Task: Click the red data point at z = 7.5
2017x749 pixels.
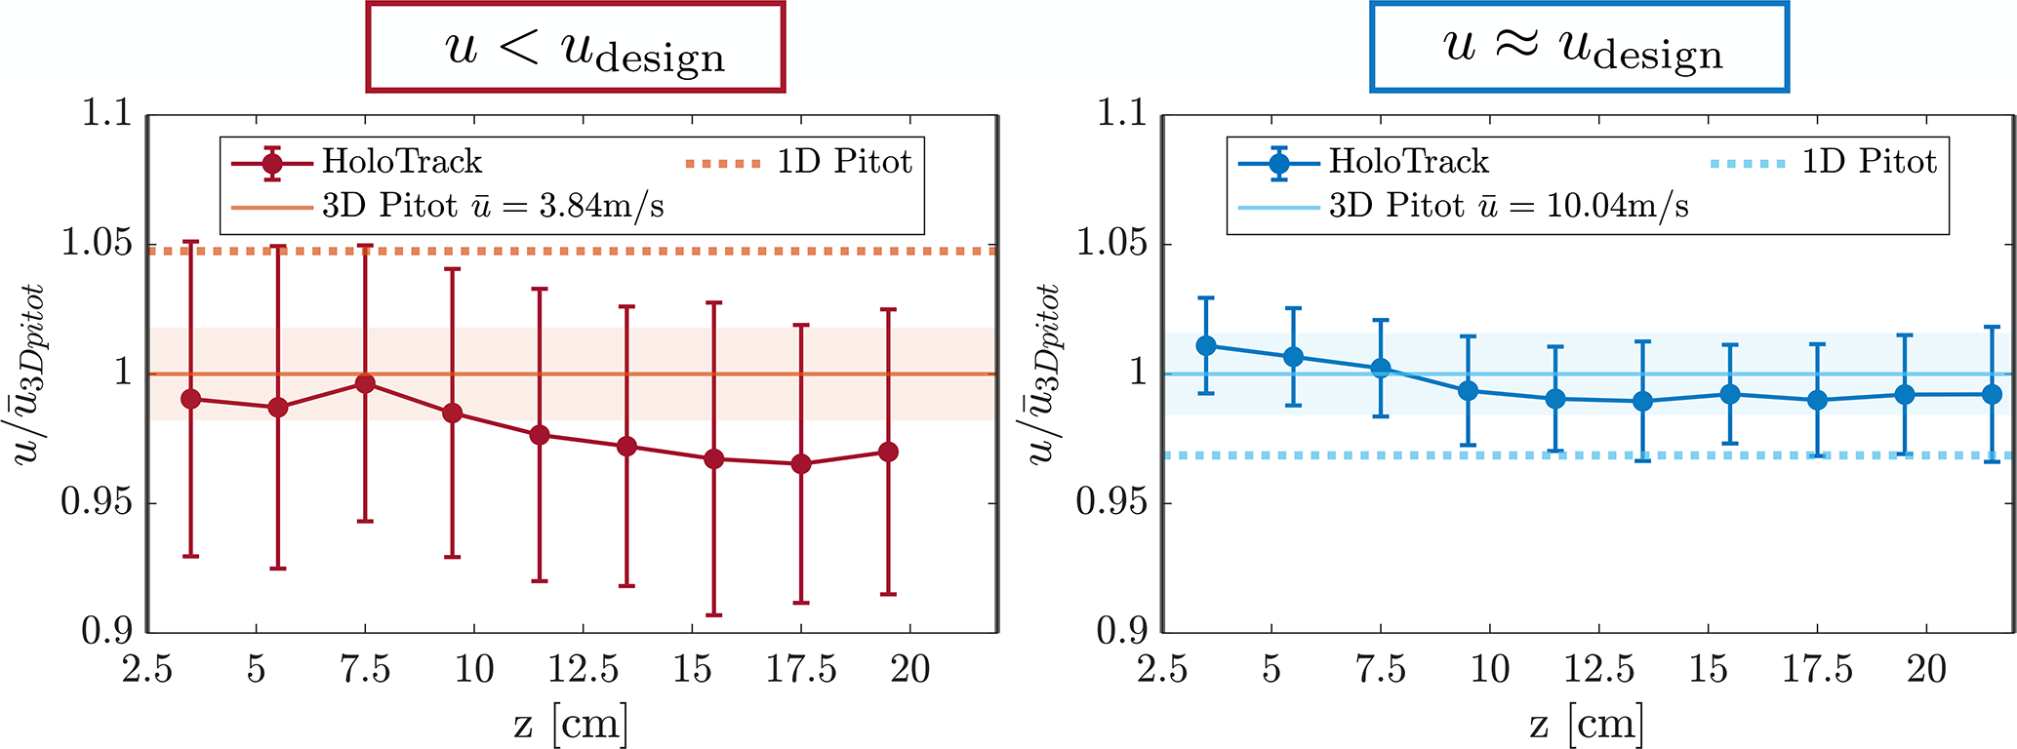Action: [365, 383]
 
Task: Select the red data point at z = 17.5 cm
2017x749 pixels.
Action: [801, 464]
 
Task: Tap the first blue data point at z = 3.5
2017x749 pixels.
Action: [1206, 345]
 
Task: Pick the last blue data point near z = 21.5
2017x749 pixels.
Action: [1992, 395]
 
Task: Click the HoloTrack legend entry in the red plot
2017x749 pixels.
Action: [401, 162]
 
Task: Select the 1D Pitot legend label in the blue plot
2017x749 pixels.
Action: [1868, 162]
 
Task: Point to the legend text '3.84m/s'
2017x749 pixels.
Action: [601, 206]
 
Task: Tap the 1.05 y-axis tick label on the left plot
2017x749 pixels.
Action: [96, 243]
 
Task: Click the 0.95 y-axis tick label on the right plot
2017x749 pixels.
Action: [1110, 502]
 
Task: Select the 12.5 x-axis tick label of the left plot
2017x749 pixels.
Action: [584, 670]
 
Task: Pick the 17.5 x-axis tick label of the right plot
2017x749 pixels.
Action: [1817, 670]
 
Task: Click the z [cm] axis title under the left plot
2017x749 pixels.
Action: [571, 724]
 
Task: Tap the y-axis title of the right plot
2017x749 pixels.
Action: [1043, 374]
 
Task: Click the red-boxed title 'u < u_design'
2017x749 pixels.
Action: [576, 48]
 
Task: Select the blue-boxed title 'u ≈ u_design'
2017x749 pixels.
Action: [1580, 47]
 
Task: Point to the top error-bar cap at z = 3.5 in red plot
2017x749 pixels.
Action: [191, 241]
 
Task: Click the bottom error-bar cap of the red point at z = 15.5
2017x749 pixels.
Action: [714, 615]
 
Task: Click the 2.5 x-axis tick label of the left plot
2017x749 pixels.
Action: [147, 670]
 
